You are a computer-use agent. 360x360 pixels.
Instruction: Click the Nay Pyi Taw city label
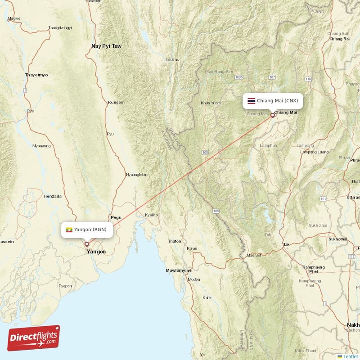(x=106, y=46)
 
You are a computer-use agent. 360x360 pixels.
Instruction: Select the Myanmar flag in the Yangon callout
(x=69, y=230)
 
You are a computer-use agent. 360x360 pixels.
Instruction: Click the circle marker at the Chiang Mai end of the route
(x=272, y=115)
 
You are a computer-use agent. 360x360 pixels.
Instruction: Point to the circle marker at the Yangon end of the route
(x=87, y=244)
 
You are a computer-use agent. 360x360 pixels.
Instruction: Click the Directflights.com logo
(x=34, y=338)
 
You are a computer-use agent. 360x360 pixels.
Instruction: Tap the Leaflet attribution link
(x=350, y=356)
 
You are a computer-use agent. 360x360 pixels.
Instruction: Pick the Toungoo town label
(x=115, y=102)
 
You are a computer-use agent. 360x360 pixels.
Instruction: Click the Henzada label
(x=52, y=196)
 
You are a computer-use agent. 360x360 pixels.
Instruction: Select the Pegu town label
(x=116, y=217)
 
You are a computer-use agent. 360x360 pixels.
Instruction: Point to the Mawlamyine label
(x=179, y=270)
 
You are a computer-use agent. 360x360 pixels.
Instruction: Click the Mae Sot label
(x=253, y=255)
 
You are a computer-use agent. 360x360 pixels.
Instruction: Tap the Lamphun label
(x=268, y=145)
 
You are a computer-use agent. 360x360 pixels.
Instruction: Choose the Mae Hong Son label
(x=219, y=72)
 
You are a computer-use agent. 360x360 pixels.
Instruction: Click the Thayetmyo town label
(x=36, y=75)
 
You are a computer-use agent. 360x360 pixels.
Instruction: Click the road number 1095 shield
(x=238, y=78)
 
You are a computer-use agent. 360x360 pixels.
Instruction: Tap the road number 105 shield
(x=216, y=211)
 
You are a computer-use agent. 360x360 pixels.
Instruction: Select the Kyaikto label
(x=151, y=215)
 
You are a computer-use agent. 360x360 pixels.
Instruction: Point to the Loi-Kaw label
(x=172, y=59)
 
